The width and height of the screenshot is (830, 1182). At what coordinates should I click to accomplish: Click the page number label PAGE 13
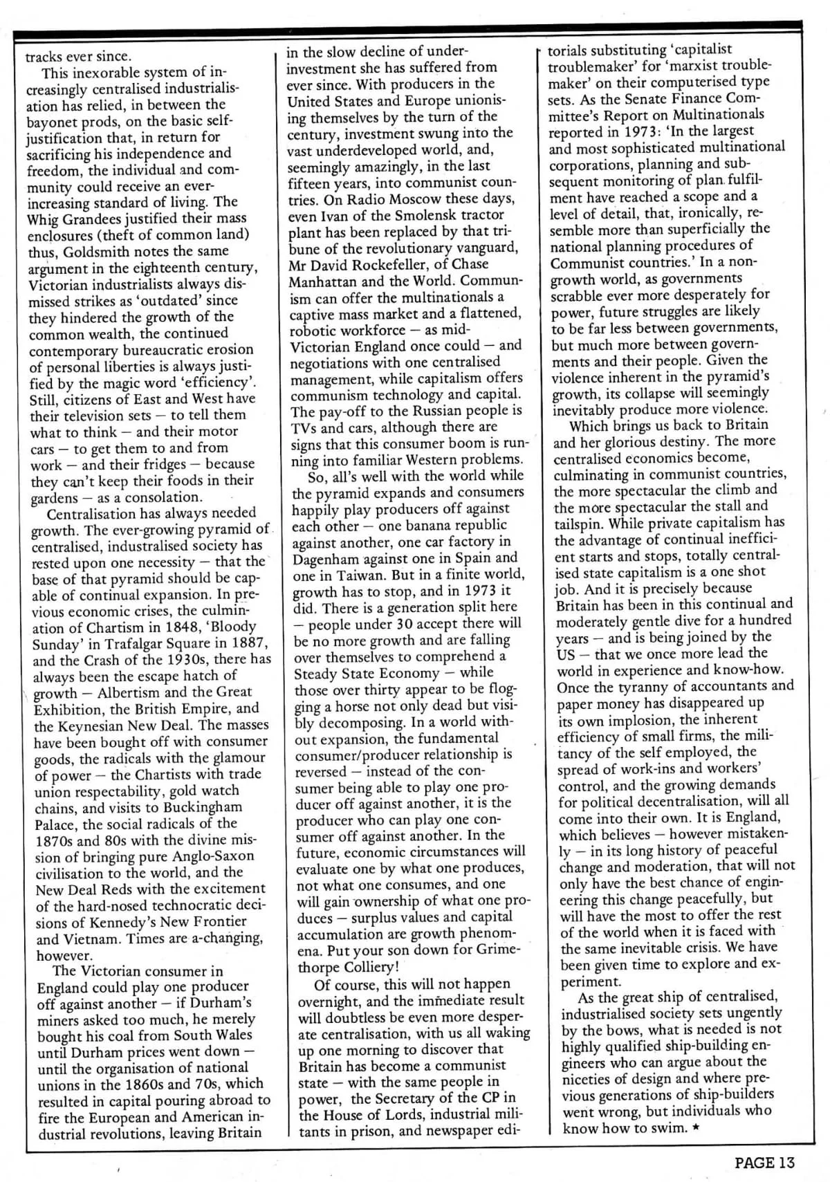point(764,1163)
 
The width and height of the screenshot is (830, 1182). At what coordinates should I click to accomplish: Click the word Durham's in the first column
point(213,1003)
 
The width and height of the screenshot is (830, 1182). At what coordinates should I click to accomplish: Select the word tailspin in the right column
point(580,524)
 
